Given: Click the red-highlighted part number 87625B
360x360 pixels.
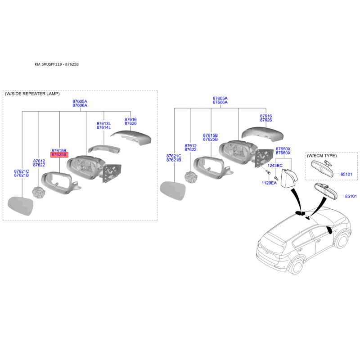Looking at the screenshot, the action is coord(59,155).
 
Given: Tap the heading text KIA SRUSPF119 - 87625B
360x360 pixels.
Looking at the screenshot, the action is coord(57,64).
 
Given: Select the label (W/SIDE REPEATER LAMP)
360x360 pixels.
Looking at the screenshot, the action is coord(32,94).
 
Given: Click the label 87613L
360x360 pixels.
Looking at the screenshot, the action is coord(104,124).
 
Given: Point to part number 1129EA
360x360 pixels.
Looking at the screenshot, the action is coord(269,183).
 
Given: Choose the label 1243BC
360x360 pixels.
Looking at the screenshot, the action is coord(275,166).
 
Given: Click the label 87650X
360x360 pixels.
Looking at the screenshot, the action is coord(283,149).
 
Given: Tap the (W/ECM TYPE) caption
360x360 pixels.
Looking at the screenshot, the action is coord(322,156).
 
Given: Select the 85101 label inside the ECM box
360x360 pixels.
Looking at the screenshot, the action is coord(346,174).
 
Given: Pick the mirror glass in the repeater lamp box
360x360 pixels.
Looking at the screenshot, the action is coord(21,206).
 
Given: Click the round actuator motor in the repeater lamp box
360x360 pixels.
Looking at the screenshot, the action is coord(39,193).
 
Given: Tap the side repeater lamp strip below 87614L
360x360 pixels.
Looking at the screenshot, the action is coord(104,149).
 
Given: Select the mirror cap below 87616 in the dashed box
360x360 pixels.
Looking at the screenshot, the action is coord(131,137).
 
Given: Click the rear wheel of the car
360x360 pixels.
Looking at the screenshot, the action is coord(296,266).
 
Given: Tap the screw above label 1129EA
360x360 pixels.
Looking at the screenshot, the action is coord(268,172).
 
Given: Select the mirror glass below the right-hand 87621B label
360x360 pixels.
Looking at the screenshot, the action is coord(172,191).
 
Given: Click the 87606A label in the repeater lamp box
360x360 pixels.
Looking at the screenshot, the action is coord(80,105).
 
